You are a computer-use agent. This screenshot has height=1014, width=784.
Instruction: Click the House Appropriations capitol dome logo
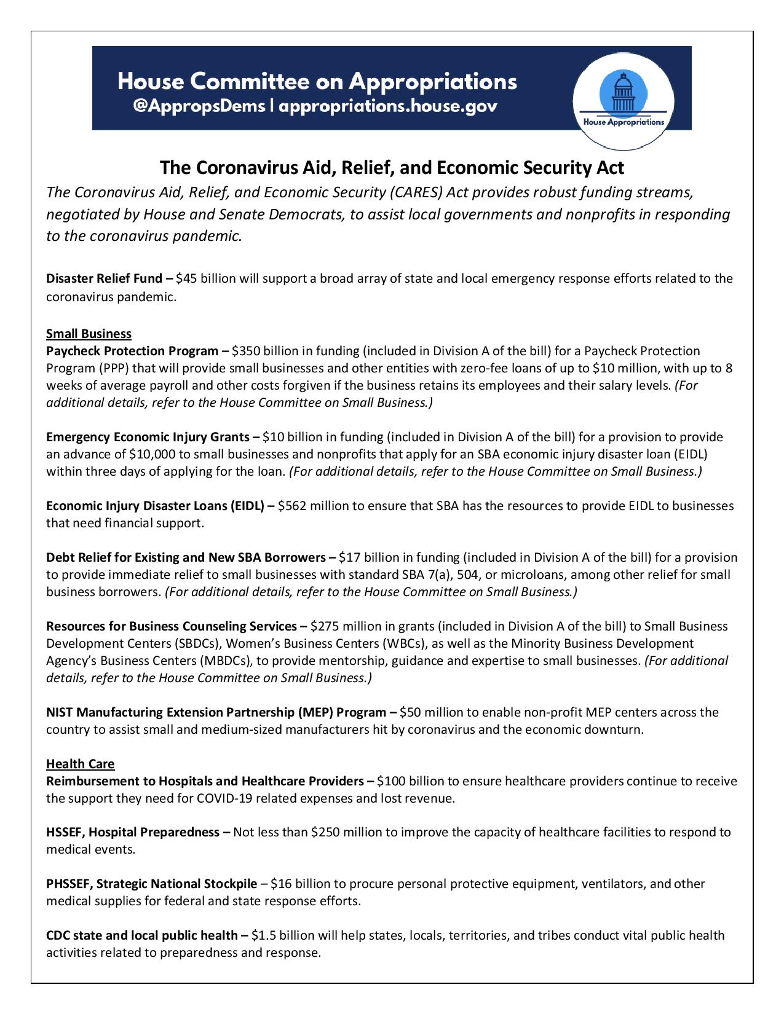point(623,96)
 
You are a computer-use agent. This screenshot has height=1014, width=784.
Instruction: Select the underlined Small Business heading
point(89,334)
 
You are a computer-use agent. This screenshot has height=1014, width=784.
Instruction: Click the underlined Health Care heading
point(80,764)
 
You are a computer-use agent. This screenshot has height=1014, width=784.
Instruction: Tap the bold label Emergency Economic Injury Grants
point(148,437)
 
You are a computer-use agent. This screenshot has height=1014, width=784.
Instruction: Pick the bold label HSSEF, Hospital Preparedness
point(133,832)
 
